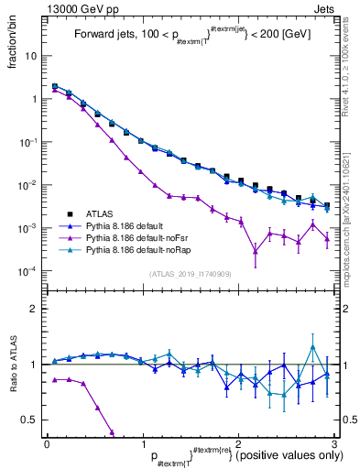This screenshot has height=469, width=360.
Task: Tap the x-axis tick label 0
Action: [47, 443]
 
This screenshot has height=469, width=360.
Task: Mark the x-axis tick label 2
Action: [238, 443]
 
